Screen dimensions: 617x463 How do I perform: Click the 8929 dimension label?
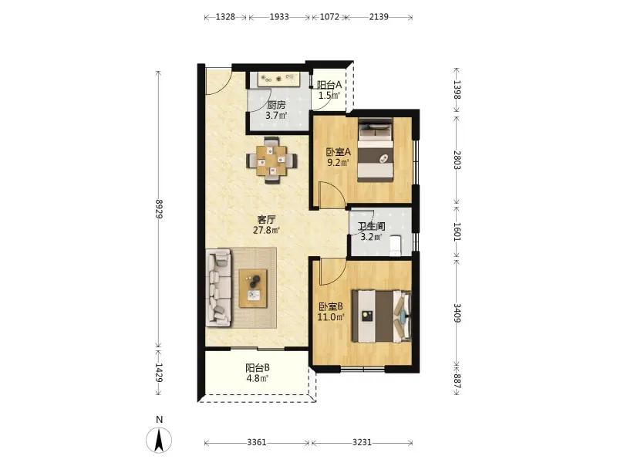point(159,209)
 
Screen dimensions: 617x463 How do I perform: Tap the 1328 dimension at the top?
point(225,17)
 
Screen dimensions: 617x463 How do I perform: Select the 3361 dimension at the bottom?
point(257,442)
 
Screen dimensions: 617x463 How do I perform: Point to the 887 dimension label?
point(457,380)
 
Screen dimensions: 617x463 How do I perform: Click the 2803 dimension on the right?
point(457,160)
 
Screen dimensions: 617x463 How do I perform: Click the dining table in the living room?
point(271,161)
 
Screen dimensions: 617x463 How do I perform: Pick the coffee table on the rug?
point(253,288)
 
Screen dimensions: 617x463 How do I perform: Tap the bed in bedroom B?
point(381,316)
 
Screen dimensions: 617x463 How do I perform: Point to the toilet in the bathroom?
point(395,245)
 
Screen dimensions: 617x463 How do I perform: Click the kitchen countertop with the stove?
point(279,79)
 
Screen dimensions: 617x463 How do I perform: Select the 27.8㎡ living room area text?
point(266,230)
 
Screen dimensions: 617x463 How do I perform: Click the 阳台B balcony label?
point(258,368)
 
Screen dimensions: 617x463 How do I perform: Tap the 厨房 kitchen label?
point(276,106)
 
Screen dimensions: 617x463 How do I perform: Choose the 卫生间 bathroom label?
point(371,227)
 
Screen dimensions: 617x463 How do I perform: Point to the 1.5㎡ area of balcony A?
point(329,95)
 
